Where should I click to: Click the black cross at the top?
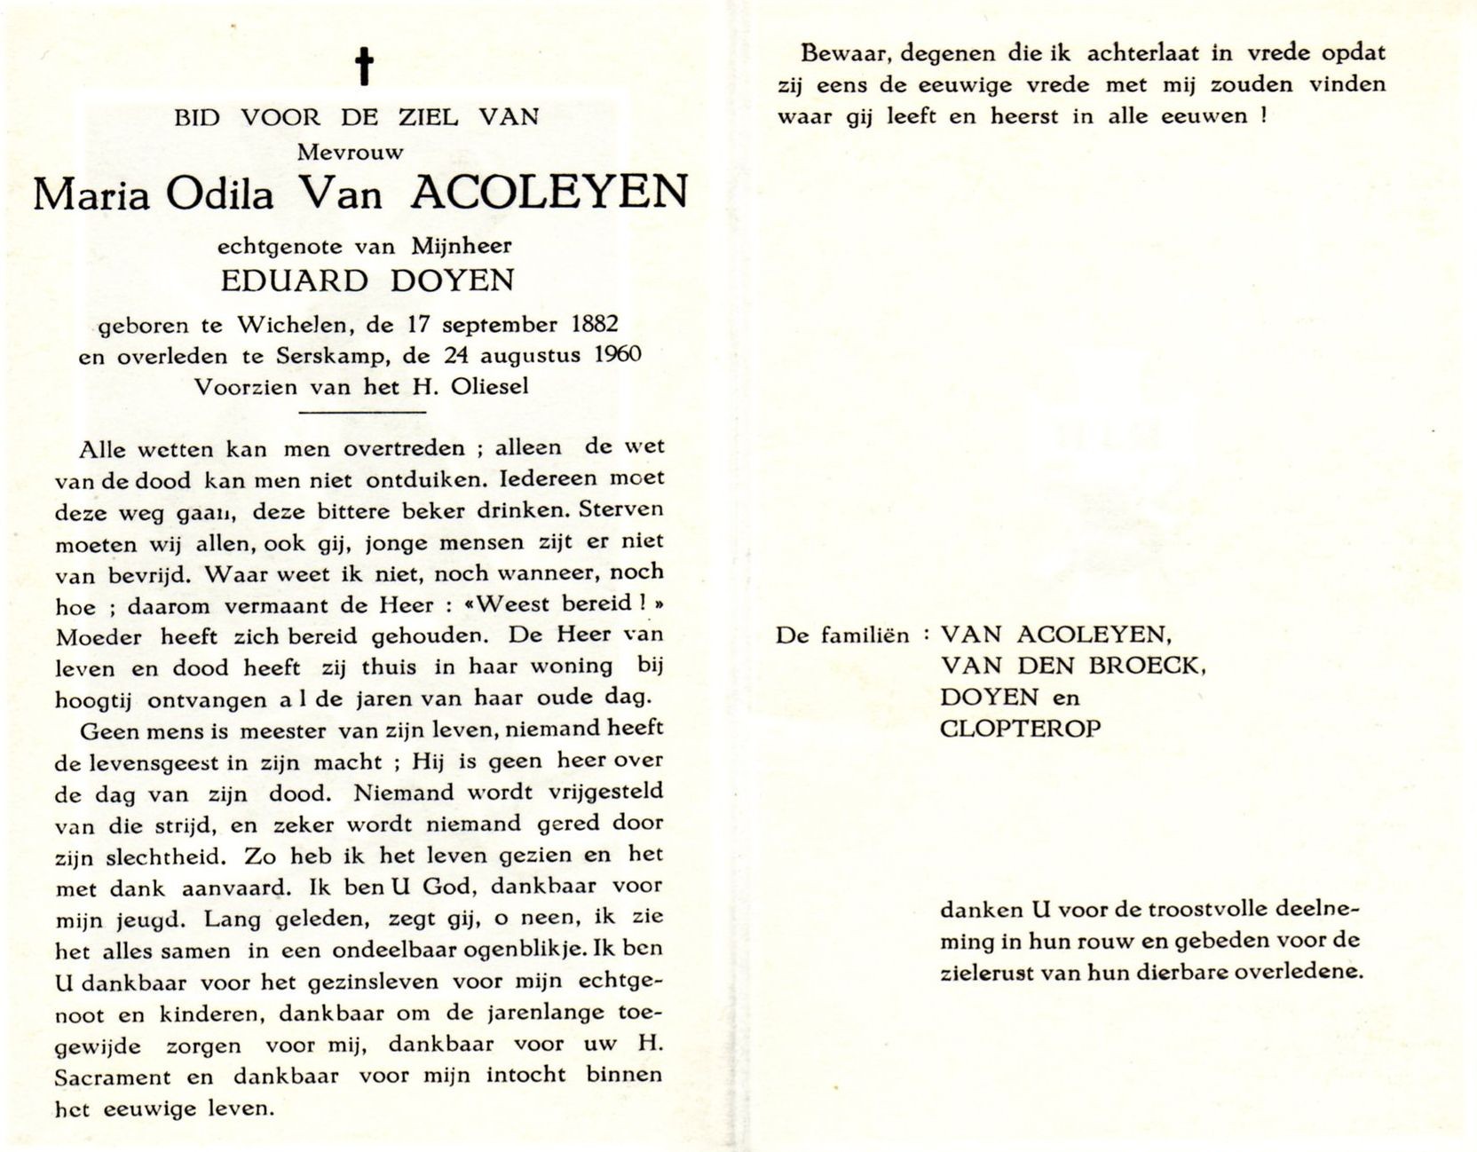click(363, 67)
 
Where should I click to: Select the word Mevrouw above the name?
click(350, 152)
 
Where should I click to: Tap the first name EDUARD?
click(293, 281)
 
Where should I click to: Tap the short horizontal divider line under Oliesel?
click(363, 412)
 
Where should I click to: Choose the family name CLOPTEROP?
click(1021, 730)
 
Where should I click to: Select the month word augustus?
click(530, 356)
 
